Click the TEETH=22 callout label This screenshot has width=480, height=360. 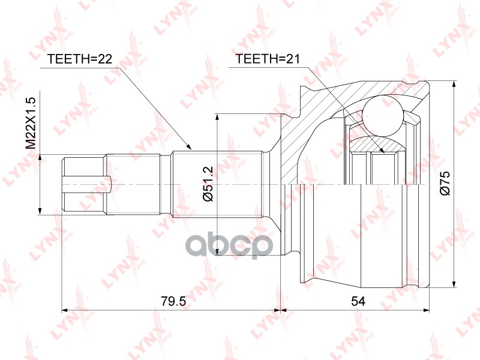tap(79, 59)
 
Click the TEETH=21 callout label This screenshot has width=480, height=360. tap(267, 58)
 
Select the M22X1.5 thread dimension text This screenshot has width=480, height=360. tap(31, 124)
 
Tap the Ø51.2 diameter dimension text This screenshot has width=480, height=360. tap(208, 184)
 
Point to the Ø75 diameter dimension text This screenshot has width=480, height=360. tap(445, 184)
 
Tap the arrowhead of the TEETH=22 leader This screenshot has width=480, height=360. tap(188, 146)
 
